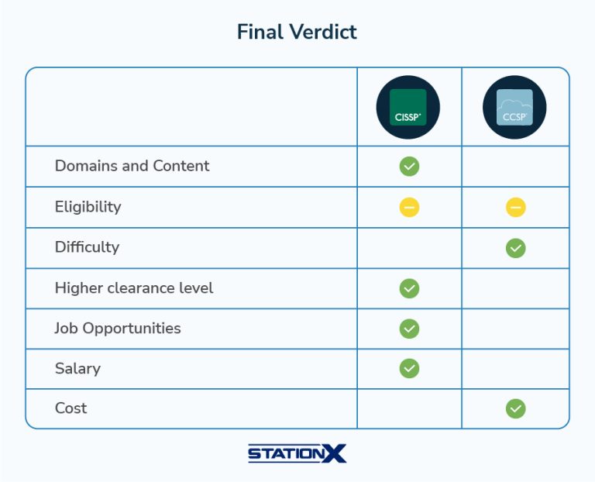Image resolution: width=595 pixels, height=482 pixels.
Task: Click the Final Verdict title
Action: coord(297,32)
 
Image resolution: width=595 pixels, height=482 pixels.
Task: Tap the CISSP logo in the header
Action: coord(408,107)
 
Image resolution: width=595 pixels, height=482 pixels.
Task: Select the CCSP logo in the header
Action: coord(514,107)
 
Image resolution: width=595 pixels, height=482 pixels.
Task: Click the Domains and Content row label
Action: coord(132,166)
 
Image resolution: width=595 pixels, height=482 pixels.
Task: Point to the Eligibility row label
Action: coord(88,207)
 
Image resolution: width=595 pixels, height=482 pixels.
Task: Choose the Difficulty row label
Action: coord(88,247)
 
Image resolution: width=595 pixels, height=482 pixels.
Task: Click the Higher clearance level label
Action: coord(134,288)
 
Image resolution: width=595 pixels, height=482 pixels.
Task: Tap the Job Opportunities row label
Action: coord(118,329)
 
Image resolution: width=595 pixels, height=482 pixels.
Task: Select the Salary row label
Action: coord(77,369)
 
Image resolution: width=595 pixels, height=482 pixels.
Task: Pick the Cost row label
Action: coord(71,408)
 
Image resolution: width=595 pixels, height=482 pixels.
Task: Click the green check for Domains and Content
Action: coord(409,167)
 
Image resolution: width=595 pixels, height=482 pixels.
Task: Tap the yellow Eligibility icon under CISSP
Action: coord(409,207)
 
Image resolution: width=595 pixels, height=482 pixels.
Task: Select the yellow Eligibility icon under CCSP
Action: coord(516,207)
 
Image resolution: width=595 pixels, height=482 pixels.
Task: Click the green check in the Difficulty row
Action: coord(516,248)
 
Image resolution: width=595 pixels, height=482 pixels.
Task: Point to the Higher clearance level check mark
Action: coord(409,288)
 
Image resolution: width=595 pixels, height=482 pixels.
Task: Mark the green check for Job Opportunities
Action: coord(409,329)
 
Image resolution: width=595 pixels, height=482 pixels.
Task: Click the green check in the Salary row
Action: coord(409,369)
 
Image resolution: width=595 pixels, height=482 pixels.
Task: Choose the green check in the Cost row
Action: coord(516,408)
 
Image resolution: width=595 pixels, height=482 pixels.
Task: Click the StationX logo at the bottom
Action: coord(297,453)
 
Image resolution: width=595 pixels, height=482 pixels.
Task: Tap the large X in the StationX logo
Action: coord(334,453)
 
